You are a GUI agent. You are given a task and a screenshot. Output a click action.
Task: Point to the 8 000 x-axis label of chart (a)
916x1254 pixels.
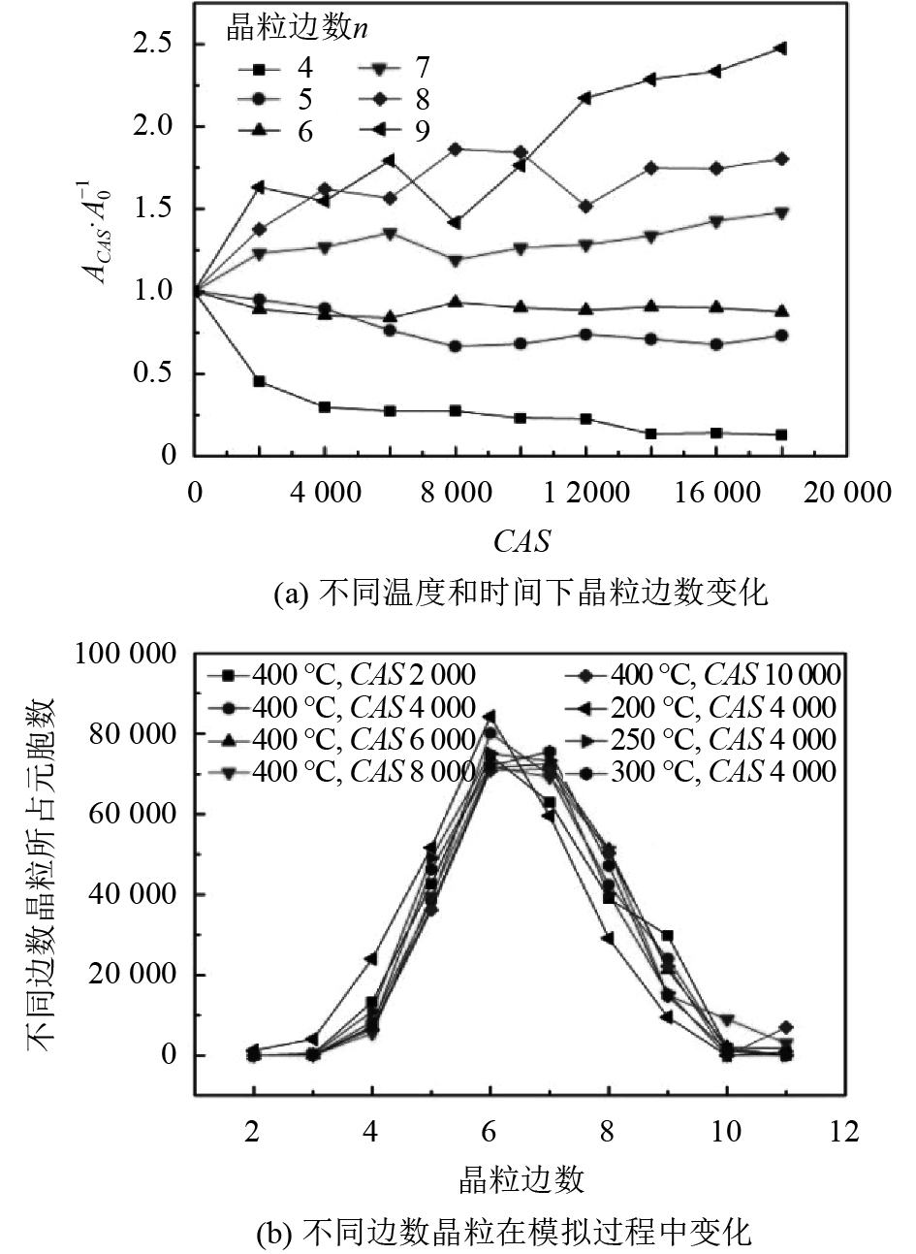456,493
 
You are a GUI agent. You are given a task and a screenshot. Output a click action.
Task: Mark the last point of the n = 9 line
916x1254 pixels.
780,48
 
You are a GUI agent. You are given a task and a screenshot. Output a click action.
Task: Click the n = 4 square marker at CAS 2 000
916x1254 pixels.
260,381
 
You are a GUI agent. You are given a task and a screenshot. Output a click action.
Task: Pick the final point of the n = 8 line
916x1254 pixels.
780,159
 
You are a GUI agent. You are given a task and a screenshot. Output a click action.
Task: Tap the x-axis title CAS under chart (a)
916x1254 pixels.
521,540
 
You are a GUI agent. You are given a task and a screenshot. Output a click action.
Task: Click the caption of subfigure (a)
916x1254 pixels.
521,594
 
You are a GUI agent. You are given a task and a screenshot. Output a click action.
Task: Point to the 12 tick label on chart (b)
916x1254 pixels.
845,1132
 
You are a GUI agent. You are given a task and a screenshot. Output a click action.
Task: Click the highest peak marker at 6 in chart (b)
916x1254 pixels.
490,717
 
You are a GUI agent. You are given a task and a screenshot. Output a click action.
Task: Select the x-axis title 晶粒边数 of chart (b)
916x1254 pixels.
521,1179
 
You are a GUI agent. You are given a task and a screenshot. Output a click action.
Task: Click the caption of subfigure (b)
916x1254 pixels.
503,1233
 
